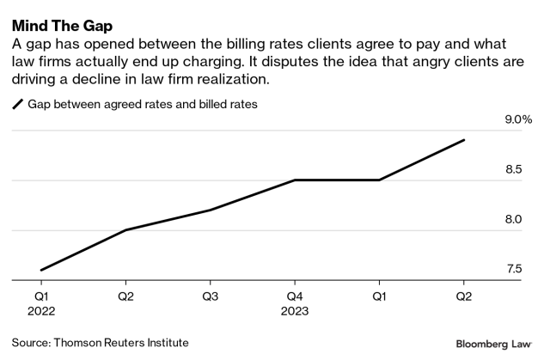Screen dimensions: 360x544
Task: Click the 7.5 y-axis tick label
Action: point(514,269)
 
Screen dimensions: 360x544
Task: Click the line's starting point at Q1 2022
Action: point(41,270)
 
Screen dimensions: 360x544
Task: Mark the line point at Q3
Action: point(210,210)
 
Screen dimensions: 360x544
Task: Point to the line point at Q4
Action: point(294,180)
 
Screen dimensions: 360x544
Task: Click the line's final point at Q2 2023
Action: point(464,140)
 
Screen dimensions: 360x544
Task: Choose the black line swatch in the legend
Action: point(17,105)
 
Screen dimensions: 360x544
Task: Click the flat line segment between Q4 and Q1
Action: point(336,180)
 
